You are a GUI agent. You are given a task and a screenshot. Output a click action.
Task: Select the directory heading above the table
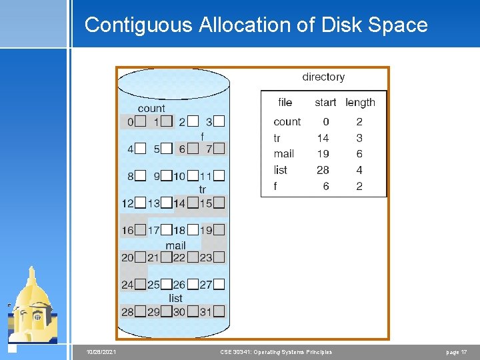tap(323, 77)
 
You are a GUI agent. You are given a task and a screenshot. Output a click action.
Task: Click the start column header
tap(325, 102)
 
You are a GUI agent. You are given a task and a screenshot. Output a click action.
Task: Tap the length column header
tap(360, 102)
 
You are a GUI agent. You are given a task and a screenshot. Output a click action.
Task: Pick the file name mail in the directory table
tap(283, 153)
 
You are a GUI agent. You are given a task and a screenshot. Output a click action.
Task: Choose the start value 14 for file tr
tap(323, 137)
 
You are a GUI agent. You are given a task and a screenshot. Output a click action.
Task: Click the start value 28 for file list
tap(323, 170)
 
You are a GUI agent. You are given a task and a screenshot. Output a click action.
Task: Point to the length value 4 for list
tap(359, 170)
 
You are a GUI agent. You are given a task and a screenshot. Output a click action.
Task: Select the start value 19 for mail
tap(323, 153)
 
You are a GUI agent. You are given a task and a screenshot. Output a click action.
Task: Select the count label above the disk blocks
tap(151, 108)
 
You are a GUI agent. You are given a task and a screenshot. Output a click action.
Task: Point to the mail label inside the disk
tap(175, 245)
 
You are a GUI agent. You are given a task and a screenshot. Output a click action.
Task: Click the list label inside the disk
tap(175, 298)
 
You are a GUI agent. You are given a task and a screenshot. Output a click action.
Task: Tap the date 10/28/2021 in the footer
tap(101, 352)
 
